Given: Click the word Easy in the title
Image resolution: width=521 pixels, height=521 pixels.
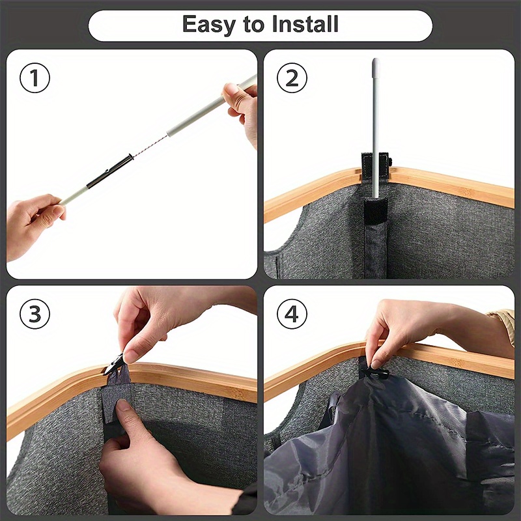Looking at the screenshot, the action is click(x=209, y=25).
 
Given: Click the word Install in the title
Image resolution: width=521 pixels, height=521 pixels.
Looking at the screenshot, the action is click(x=305, y=24).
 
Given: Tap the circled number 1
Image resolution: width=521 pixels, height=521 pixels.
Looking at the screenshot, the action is click(x=35, y=77).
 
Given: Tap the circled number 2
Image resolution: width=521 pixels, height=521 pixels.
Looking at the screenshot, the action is click(x=292, y=77).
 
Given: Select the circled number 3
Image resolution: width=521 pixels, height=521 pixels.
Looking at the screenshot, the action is click(x=35, y=314).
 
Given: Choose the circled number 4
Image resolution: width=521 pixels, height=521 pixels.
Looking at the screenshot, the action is click(x=292, y=314).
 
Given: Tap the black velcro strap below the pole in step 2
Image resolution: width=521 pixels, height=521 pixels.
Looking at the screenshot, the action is click(x=376, y=211).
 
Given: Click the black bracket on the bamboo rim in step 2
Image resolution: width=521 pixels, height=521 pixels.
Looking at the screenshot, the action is click(x=376, y=165).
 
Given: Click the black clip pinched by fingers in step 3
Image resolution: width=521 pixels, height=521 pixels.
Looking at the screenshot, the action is click(x=114, y=365).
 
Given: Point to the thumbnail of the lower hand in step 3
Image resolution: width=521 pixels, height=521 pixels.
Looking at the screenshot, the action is click(x=122, y=406).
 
